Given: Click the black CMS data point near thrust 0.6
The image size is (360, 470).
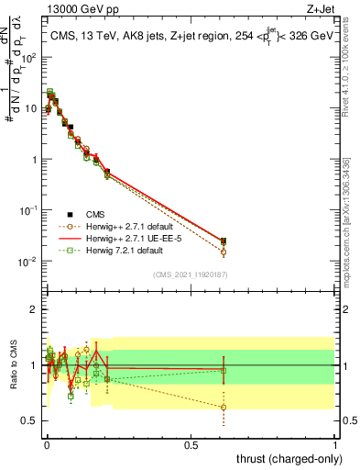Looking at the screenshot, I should [224, 241].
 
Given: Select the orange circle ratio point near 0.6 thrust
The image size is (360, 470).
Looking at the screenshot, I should [224, 408].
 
